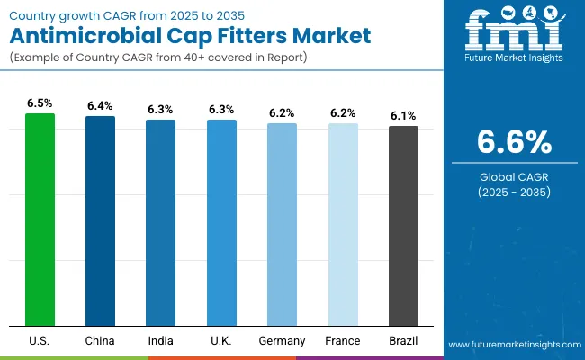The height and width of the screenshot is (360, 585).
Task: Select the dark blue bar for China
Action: click(100, 220)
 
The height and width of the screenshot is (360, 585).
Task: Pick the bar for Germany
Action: click(282, 224)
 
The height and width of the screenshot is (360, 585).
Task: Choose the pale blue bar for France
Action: click(343, 224)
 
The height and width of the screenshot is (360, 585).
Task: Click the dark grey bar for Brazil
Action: click(403, 225)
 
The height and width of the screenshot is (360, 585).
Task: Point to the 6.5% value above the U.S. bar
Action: click(40, 103)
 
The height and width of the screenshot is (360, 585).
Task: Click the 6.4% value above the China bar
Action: click(100, 106)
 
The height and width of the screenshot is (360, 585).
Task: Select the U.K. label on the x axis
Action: click(221, 341)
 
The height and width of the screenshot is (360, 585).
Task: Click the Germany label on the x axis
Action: click(282, 341)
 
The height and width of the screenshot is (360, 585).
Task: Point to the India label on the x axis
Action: click(161, 341)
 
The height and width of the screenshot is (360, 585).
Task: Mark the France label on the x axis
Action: click(343, 341)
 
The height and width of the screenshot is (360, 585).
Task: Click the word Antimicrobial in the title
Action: click(72, 38)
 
